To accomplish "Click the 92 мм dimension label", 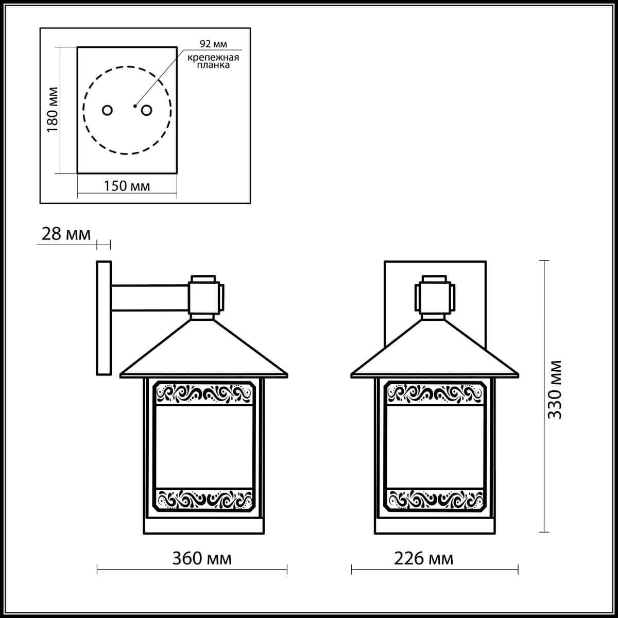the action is click(213, 44).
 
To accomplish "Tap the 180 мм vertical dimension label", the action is click(53, 109).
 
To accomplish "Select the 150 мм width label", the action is click(127, 186).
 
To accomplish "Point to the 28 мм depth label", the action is click(66, 234).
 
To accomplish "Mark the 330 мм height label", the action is click(555, 390).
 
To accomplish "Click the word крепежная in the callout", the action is click(213, 58).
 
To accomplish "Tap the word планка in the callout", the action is click(213, 65).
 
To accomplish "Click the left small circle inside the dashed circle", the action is click(107, 110).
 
